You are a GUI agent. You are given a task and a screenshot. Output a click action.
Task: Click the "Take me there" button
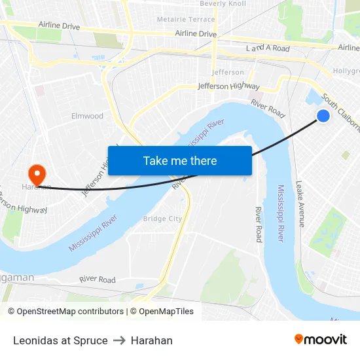(180, 160)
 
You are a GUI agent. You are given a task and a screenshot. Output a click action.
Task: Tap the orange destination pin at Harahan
(37, 175)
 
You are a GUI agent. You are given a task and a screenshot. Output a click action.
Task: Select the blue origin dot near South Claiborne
(323, 116)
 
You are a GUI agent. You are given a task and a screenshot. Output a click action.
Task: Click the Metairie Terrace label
(186, 20)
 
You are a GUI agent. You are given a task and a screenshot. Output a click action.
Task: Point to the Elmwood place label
(87, 116)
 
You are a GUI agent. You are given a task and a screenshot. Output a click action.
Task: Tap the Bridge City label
(162, 219)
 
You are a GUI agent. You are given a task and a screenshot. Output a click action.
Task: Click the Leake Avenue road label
(300, 204)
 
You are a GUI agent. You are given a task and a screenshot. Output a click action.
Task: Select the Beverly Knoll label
(223, 4)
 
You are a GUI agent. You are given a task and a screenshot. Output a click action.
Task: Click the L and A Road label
(267, 48)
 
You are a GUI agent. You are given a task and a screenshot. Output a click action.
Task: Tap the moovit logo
(321, 339)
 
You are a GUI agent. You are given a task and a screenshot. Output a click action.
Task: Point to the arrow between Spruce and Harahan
(119, 340)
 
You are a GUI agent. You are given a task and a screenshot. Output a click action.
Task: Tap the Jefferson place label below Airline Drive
(228, 72)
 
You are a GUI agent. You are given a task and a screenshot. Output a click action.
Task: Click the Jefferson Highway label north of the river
(228, 86)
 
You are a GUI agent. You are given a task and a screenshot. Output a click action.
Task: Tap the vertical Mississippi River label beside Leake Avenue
(280, 213)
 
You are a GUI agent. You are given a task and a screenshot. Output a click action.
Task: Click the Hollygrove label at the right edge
(347, 70)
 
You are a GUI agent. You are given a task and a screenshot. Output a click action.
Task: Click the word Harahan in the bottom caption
(152, 340)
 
